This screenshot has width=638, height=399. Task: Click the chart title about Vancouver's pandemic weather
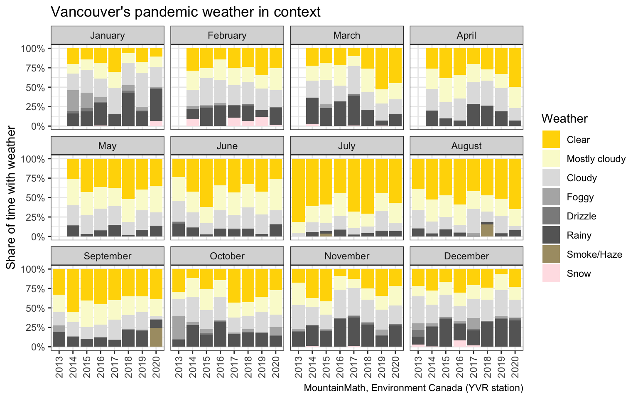185,12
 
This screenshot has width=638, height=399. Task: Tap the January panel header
107,35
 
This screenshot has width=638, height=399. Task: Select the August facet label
466,146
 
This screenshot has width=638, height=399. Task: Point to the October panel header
227,256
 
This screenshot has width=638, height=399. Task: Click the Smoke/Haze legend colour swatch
551,254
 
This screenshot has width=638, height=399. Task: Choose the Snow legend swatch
551,273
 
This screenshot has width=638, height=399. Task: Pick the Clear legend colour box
551,140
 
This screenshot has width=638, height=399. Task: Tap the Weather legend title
564,119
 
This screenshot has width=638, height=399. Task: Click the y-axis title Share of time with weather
11,197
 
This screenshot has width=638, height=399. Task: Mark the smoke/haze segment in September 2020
156,337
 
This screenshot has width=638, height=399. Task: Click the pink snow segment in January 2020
156,123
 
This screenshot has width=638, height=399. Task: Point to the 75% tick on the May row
36,178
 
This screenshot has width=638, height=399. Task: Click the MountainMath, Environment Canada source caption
413,388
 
